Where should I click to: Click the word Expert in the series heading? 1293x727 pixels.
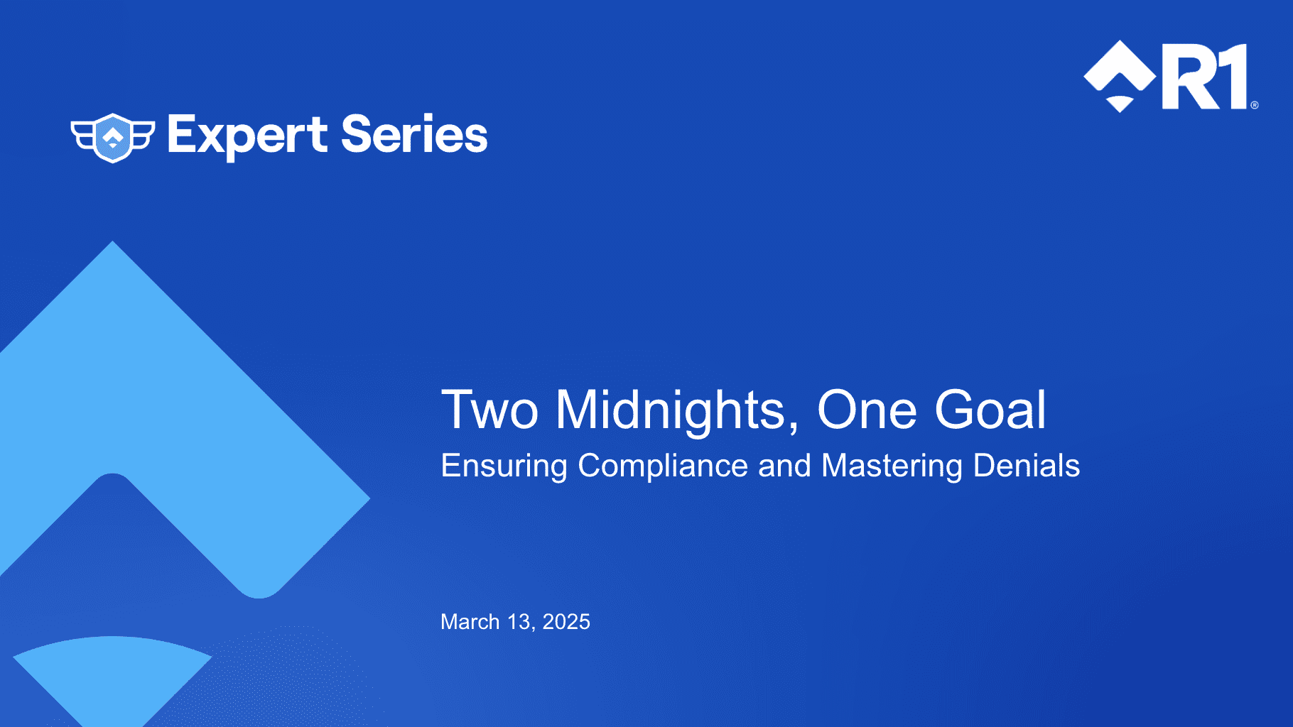pos(247,136)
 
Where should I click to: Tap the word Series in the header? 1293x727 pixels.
pos(415,134)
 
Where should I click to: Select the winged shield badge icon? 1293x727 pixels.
pos(113,138)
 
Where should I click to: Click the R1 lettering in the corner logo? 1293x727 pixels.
pos(1205,77)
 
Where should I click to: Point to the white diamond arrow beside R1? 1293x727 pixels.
pos(1120,76)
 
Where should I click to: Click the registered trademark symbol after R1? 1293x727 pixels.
pos(1254,105)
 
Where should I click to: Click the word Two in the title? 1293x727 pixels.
pos(489,410)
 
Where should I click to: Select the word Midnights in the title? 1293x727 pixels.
pos(678,411)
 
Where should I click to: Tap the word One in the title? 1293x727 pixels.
pos(867,410)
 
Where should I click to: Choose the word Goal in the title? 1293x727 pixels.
pos(990,410)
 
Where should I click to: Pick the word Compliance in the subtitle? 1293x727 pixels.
pos(663,467)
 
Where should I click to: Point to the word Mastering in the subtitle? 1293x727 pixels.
pos(892,467)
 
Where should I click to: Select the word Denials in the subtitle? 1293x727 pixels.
pos(1027,466)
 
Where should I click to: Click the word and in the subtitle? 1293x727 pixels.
pos(784,466)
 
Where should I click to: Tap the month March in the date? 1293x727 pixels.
pos(470,622)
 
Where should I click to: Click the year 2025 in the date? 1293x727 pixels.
pos(566,622)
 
